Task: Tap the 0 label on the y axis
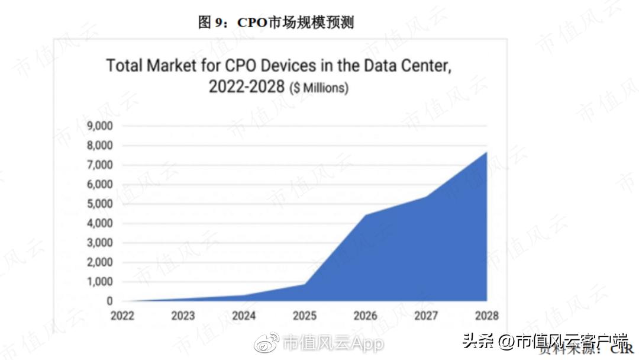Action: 109,301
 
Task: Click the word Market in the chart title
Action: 175,65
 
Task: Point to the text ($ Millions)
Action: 318,88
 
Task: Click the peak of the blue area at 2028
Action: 486,152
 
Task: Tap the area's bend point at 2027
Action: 426,197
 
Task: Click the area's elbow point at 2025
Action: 304,284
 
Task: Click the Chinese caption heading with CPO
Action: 276,22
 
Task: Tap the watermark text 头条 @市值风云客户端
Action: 545,342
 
